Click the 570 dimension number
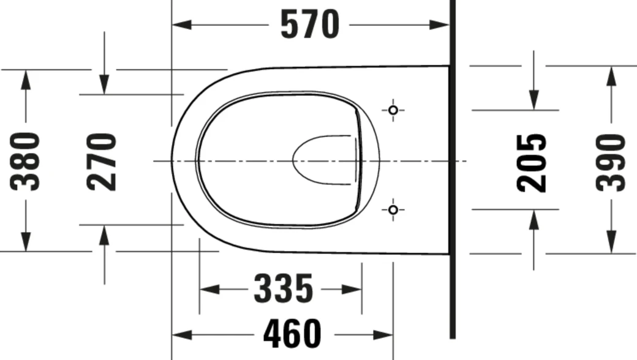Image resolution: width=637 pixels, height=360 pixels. (x=309, y=25)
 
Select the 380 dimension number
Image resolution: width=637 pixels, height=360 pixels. (x=26, y=161)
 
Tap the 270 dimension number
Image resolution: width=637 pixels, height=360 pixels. (x=102, y=161)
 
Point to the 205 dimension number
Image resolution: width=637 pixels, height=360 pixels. (x=532, y=162)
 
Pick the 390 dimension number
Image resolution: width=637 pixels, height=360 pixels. (x=611, y=162)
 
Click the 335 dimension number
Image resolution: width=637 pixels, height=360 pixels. (x=283, y=289)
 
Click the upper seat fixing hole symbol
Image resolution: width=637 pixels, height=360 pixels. (x=393, y=110)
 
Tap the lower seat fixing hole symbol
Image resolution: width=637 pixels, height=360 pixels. (x=393, y=210)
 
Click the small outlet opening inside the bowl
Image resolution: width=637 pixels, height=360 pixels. (x=325, y=160)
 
